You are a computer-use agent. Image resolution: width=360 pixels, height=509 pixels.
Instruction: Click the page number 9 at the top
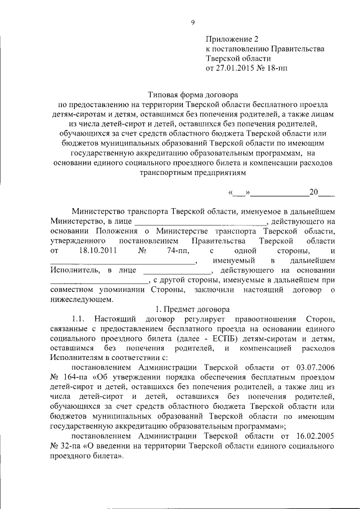pyautogui.click(x=192, y=22)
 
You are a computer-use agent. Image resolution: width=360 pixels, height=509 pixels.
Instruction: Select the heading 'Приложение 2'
pyautogui.click(x=231, y=39)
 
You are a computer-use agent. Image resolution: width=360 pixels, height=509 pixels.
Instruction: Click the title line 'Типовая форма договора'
pyautogui.click(x=192, y=96)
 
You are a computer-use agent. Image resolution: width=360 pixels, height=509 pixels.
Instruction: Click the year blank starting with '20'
pyautogui.click(x=321, y=192)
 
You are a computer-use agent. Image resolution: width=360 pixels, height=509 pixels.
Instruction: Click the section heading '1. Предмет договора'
pyautogui.click(x=192, y=309)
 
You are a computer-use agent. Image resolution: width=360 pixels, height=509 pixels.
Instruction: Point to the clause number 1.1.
pyautogui.click(x=78, y=319)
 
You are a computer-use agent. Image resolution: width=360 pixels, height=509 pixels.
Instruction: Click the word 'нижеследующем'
pyautogui.click(x=78, y=300)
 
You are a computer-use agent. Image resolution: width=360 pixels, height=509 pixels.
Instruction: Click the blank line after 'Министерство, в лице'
pyautogui.click(x=200, y=222)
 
